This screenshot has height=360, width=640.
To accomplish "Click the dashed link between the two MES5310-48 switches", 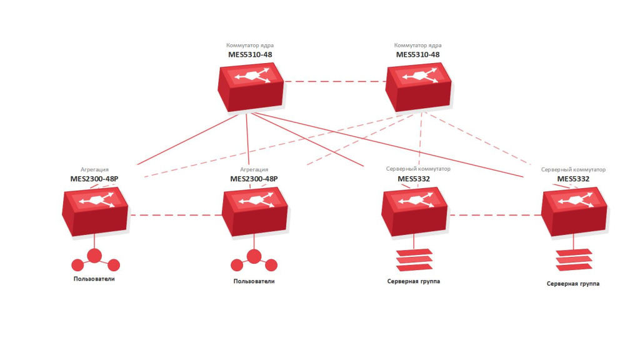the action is click(x=335, y=82).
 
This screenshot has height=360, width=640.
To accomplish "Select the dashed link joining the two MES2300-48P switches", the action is click(x=176, y=215).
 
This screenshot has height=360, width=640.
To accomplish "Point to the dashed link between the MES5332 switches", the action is click(x=496, y=215).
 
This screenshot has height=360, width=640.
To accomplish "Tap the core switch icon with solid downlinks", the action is click(x=251, y=87).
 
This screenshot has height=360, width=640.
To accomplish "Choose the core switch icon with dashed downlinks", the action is click(x=419, y=87).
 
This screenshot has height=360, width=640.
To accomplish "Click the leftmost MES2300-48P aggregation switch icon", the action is click(x=95, y=211).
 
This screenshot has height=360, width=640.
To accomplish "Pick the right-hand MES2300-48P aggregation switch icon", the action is click(x=255, y=211).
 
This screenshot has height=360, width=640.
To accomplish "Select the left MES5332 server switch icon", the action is click(x=415, y=211).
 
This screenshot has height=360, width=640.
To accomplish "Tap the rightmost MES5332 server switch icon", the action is click(x=574, y=211).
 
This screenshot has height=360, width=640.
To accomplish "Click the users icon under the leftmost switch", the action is click(x=95, y=260).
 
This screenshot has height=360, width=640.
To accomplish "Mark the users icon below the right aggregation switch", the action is click(x=254, y=261).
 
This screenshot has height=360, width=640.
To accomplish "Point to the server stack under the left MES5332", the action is click(x=414, y=260).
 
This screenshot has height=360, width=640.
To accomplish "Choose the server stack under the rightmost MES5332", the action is click(x=574, y=260).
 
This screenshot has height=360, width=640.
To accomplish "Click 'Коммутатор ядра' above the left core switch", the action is click(x=250, y=45).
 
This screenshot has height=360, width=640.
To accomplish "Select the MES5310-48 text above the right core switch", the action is click(x=418, y=55).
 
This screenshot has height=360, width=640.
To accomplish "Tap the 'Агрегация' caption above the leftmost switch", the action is click(x=94, y=169).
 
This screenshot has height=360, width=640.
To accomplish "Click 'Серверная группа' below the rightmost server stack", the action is click(x=573, y=284).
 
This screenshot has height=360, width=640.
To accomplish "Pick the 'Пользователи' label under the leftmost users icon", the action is click(x=94, y=279).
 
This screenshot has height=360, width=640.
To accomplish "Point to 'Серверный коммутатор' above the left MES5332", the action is click(x=418, y=169).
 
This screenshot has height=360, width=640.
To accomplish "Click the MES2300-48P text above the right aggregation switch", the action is click(x=254, y=179).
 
